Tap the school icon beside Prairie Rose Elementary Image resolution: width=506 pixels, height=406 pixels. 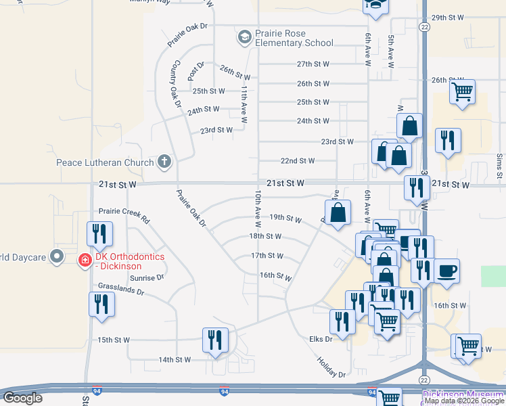coord(244,36)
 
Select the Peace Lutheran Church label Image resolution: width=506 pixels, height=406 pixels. coord(104,162)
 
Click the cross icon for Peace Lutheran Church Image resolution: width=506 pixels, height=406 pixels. coord(164,162)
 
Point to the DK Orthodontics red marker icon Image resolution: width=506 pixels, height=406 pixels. coord(85,259)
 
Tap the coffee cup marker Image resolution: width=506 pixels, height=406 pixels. coord(446,271)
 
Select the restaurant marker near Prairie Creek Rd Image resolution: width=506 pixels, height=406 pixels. coord(100,233)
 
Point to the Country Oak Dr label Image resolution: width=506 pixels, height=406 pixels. coord(177,83)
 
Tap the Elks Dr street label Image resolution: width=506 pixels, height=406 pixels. coord(321,338)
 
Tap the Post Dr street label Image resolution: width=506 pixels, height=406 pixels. coord(197,68)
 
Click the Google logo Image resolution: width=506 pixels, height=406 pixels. coord(23,398)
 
